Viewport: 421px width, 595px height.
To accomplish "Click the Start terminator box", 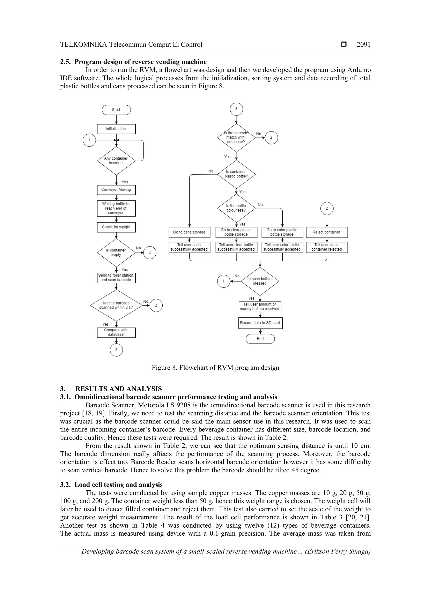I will (116, 110).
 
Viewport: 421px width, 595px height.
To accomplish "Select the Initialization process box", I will (116, 129).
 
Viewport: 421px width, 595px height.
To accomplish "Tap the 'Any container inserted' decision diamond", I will (116, 161).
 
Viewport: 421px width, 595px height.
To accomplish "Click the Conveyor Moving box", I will (116, 190).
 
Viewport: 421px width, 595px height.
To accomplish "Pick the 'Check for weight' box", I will (116, 227).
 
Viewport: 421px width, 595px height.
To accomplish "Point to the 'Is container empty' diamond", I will (116, 253).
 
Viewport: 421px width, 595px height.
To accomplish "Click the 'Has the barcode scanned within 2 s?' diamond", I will (116, 305).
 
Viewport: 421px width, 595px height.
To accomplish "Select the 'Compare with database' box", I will (116, 332).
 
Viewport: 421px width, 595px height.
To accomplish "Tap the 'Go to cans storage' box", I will (189, 232).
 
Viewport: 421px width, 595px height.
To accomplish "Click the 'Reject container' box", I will (327, 232).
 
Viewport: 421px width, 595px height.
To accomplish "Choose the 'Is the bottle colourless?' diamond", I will (236, 208).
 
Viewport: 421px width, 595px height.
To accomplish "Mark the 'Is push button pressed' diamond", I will (260, 281).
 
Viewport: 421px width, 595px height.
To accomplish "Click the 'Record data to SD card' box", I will (260, 323).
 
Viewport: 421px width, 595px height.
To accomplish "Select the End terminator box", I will (260, 339).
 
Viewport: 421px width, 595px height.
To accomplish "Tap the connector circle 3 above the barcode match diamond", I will (236, 109).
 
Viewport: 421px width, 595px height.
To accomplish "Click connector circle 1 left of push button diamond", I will (223, 281).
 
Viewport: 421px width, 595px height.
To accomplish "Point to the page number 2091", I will (363, 45).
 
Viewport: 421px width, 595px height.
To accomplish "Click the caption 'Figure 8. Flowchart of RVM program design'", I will (215, 368).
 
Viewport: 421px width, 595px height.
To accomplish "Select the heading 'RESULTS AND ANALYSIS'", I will (118, 389).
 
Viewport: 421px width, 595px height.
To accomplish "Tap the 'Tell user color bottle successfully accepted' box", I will (282, 247).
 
